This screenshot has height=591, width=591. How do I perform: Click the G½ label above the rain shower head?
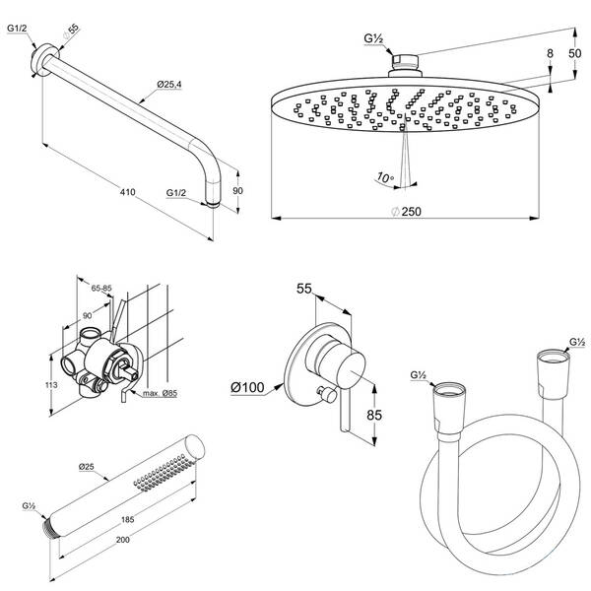[x=373, y=38]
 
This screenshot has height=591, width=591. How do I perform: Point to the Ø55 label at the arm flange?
[x=69, y=32]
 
